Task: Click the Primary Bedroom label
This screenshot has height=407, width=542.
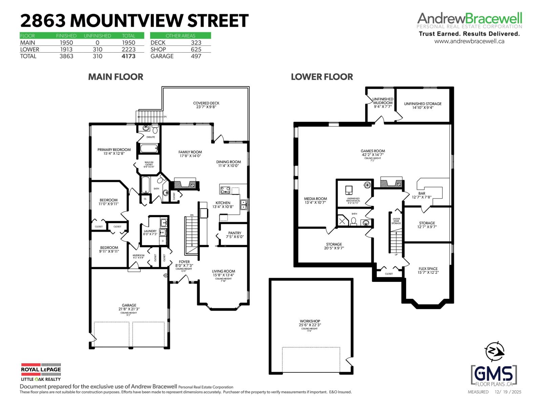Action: [x=114, y=150]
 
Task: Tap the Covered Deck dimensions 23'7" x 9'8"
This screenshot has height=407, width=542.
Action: [x=206, y=107]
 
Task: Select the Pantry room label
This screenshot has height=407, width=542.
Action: [x=235, y=233]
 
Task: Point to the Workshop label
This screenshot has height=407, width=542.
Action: [x=310, y=321]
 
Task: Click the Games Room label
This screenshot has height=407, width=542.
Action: [x=373, y=151]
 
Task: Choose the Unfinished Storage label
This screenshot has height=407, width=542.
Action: [x=423, y=104]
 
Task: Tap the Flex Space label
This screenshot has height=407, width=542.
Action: [x=428, y=269]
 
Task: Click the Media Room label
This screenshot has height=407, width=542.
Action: [x=315, y=199]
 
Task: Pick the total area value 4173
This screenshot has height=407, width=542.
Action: [x=128, y=56]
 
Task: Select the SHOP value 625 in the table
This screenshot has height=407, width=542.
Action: [x=196, y=50]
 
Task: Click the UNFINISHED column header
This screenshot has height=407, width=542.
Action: [x=97, y=36]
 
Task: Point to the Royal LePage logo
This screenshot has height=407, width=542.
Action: [x=41, y=372]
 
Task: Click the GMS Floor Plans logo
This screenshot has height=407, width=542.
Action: [x=494, y=375]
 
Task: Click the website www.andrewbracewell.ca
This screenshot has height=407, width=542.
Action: [x=469, y=41]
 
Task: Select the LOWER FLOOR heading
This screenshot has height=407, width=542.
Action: [x=322, y=77]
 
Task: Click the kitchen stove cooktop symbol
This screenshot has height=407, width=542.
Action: [x=225, y=190]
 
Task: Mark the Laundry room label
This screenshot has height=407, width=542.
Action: [x=150, y=231]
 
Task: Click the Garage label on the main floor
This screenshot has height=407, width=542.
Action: [x=129, y=305]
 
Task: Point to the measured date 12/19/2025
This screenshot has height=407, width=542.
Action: [x=508, y=392]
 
